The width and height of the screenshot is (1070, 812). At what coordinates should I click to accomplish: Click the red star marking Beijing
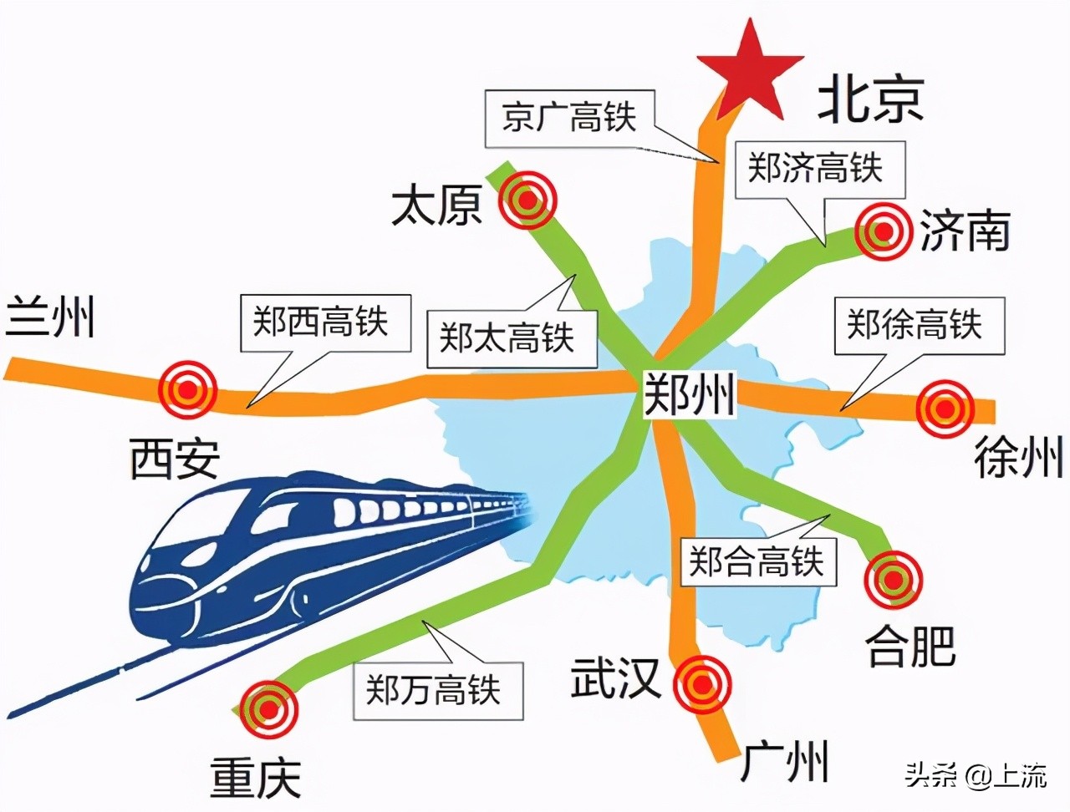coord(750,74)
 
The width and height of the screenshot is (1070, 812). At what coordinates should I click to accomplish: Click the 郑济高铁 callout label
coord(819,169)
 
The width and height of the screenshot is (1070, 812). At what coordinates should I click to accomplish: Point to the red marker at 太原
coord(527,199)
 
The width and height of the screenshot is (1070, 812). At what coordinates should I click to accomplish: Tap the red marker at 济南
coord(883,232)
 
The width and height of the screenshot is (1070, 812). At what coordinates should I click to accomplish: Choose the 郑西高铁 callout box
coord(326,323)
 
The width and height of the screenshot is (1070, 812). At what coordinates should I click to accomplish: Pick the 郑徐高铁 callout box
coord(919,326)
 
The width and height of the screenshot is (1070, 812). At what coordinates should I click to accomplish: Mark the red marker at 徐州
coord(945,409)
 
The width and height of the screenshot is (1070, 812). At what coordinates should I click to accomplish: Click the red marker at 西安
coord(188,388)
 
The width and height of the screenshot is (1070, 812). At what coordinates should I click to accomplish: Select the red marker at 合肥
coord(894,580)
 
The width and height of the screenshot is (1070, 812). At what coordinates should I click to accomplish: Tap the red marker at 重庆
coord(267,711)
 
